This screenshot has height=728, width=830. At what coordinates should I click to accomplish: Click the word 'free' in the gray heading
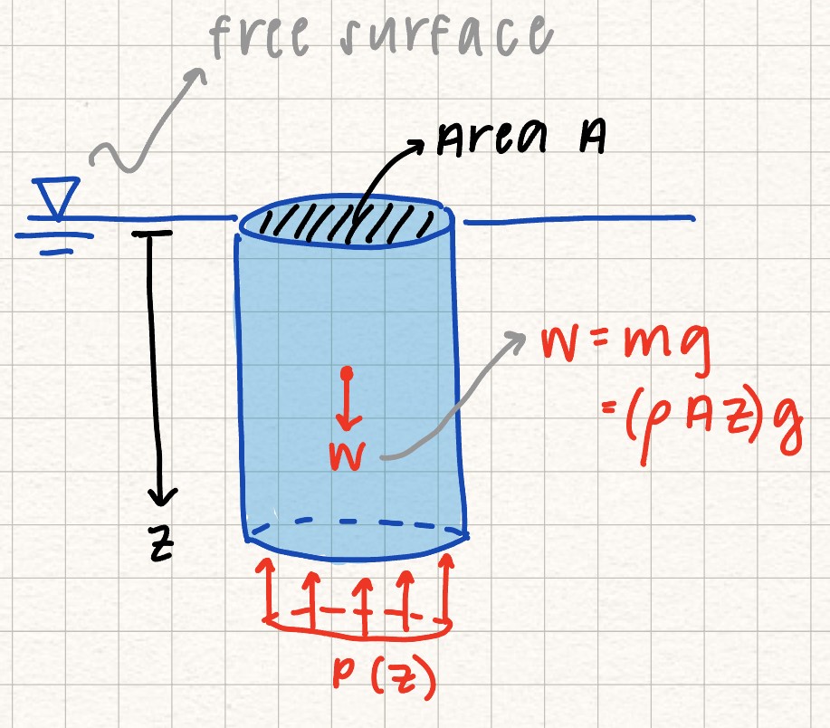pyautogui.click(x=260, y=36)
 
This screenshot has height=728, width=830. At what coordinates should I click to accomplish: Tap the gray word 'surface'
pyautogui.click(x=445, y=35)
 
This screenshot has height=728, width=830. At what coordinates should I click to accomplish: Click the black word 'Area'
pyautogui.click(x=491, y=138)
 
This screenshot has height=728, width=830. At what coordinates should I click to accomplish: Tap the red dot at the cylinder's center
pyautogui.click(x=347, y=373)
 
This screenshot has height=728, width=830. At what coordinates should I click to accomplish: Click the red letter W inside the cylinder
pyautogui.click(x=348, y=455)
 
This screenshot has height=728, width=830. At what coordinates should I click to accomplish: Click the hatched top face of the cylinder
pyautogui.click(x=347, y=220)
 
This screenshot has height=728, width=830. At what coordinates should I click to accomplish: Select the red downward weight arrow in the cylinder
pyautogui.click(x=348, y=399)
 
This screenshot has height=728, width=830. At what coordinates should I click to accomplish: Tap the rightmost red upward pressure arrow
pyautogui.click(x=448, y=589)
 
